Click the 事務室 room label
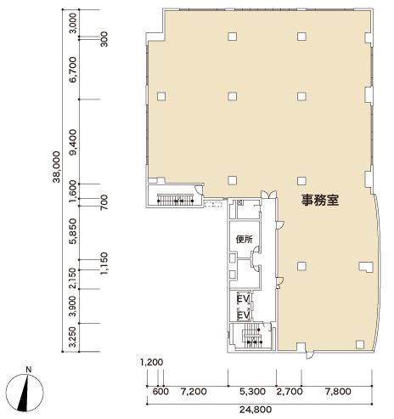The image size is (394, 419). [x=320, y=200]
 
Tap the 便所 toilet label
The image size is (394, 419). [x=244, y=240]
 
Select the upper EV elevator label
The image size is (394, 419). [x=243, y=298]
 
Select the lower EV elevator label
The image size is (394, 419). [x=243, y=315]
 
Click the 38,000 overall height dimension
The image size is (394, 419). [x=57, y=167]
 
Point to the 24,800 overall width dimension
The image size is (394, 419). [x=256, y=410]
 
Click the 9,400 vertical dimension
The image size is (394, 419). [x=74, y=142]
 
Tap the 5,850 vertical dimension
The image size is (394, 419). [x=74, y=231]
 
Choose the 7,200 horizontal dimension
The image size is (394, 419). [x=194, y=392]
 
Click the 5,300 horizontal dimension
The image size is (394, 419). [x=252, y=392]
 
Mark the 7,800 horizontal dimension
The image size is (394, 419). [x=338, y=392]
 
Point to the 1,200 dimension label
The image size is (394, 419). [x=152, y=362]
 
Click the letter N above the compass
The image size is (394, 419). [x=28, y=370]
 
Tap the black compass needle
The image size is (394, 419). [x=24, y=393]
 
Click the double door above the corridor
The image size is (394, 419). [x=268, y=195]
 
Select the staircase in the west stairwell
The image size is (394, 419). [x=175, y=200]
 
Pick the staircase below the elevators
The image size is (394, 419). [x=252, y=336]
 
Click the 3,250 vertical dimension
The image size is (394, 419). [x=74, y=337]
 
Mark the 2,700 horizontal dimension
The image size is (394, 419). [x=290, y=392]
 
